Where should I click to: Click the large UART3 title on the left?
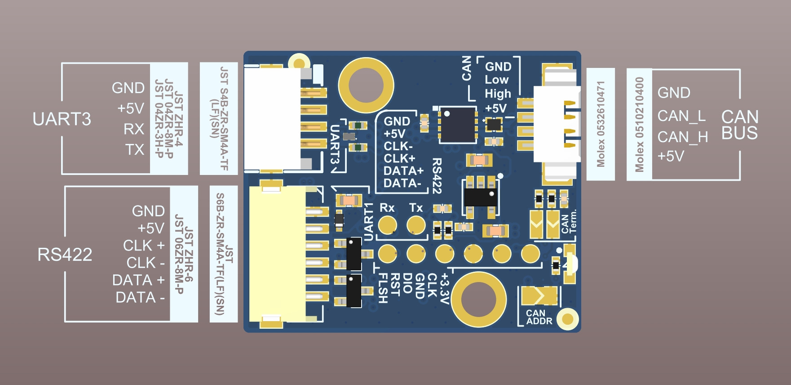[x=62, y=119]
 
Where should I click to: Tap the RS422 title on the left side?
[x=65, y=255]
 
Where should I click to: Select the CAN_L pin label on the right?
[x=681, y=116]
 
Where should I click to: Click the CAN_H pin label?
[x=683, y=137]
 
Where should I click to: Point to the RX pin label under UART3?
[x=134, y=129]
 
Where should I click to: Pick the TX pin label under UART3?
[x=135, y=150]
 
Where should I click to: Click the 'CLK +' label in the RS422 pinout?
[x=144, y=246]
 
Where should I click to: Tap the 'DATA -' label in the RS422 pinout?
[x=140, y=297]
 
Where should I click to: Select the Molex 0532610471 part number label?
[x=601, y=124]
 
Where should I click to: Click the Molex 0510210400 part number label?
[x=639, y=125]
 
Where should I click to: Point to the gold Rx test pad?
[x=387, y=225]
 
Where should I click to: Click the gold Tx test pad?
[x=416, y=225]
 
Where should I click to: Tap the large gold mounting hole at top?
[x=366, y=85]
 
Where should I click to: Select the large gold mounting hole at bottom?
[x=478, y=299]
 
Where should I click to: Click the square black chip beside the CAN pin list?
[x=458, y=125]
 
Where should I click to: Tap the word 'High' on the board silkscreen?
[x=498, y=94]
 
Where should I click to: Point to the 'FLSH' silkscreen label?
[x=383, y=288]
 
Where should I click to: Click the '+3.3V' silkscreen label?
[x=444, y=288]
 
